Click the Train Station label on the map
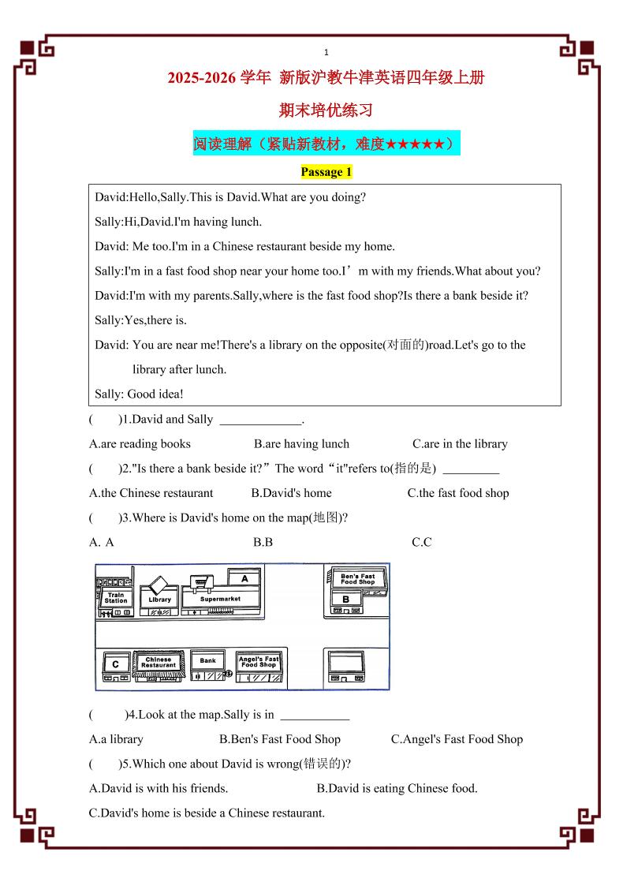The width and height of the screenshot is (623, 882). pos(116,598)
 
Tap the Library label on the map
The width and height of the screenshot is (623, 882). pos(159,600)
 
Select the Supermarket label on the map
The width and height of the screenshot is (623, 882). pos(220,599)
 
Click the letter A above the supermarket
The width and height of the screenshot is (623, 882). pos(244,578)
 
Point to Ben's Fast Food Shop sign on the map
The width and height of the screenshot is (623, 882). pos(357,578)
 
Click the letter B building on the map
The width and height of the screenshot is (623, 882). pos(345,599)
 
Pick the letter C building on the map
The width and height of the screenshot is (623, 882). pos(115,664)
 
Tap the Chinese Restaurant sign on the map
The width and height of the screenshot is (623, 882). pos(159,662)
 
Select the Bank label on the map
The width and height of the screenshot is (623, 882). pos(207,661)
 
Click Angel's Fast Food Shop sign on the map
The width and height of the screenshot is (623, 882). pos(259,661)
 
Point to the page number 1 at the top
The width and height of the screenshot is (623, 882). pos(326,52)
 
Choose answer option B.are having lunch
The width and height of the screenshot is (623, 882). pos(301,444)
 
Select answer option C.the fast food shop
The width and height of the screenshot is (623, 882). pos(457,493)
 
